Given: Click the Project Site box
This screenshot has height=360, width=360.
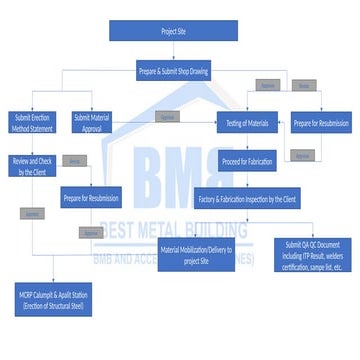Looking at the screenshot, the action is [173, 31].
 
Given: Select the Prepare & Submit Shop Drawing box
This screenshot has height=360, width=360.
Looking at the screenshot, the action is [173, 71].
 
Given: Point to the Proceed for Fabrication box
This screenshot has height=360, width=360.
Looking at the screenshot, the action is [246, 161].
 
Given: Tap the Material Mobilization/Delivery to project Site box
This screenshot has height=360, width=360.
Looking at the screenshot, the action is [202, 254].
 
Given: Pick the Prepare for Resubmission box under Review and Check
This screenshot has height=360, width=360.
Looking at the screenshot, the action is [91, 197].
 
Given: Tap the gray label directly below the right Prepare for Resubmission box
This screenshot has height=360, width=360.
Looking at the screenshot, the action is [303, 155].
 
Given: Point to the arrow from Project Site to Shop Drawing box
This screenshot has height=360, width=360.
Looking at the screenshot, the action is [173, 51].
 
